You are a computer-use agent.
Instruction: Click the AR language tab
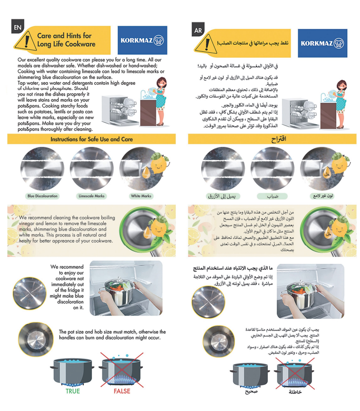(x=197, y=30)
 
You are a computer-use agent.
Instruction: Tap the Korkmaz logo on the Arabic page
(x=321, y=43)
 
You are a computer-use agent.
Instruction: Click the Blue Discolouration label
(x=42, y=196)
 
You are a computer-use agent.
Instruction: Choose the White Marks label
(x=141, y=196)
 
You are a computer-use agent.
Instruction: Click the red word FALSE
(x=121, y=391)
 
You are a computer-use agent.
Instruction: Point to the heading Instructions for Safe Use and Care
(x=91, y=139)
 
